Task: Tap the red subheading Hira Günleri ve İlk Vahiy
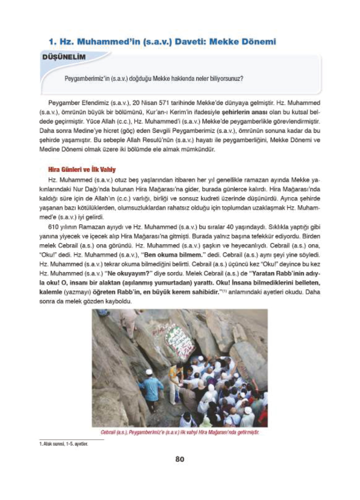pos(82,170)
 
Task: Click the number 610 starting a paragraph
pos(53,227)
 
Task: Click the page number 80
pos(180,459)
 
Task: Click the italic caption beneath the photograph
pos(180,432)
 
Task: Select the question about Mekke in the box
pos(154,79)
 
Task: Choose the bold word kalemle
pos(50,292)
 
